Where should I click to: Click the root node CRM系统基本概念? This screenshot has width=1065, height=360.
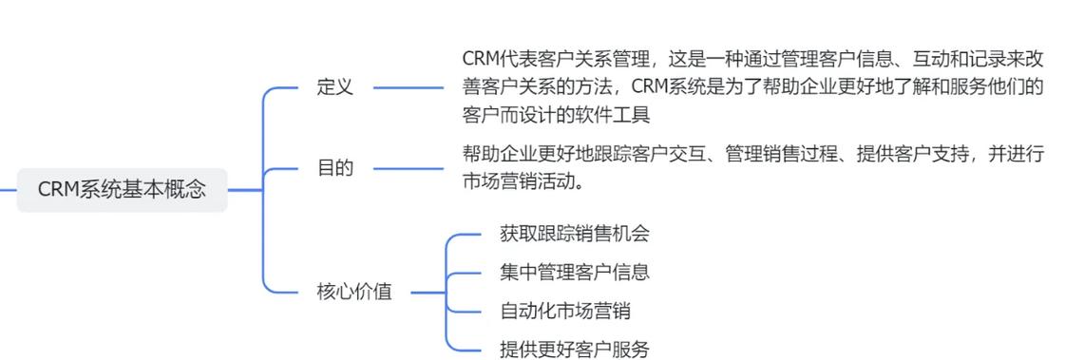[x=122, y=189]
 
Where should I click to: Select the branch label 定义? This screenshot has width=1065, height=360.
[x=334, y=87]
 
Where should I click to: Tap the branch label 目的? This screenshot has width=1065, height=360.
[x=334, y=168]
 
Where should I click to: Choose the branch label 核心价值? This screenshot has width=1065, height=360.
[x=353, y=292]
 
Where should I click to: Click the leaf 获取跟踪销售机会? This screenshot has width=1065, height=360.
[x=574, y=233]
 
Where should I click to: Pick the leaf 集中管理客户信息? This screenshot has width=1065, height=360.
[x=574, y=272]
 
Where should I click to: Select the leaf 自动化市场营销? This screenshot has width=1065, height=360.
[x=564, y=311]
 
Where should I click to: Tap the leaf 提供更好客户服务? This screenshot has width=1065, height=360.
[x=574, y=349]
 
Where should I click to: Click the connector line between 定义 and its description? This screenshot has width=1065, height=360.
[x=409, y=87]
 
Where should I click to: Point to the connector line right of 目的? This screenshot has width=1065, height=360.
[x=409, y=168]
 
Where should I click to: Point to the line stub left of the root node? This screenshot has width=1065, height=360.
[x=8, y=189]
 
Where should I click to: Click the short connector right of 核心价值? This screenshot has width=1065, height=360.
[x=428, y=292]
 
